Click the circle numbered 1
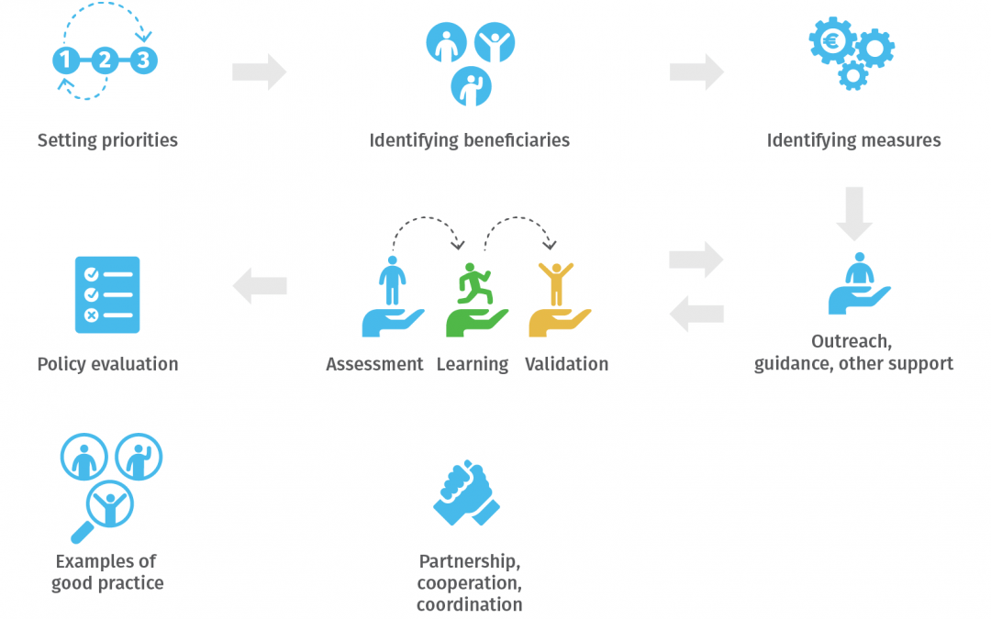(x=65, y=61)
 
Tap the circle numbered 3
(x=143, y=61)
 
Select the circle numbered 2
(x=105, y=61)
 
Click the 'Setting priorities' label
(x=107, y=140)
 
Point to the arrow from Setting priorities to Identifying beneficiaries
(x=259, y=72)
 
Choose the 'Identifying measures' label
(x=853, y=140)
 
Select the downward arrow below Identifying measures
(x=853, y=213)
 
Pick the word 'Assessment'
(x=374, y=364)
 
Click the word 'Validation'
(x=566, y=364)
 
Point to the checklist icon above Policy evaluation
(x=107, y=294)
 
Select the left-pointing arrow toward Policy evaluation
(x=260, y=286)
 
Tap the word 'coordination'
(x=469, y=605)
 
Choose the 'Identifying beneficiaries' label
(x=469, y=140)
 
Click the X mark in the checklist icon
(x=92, y=315)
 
